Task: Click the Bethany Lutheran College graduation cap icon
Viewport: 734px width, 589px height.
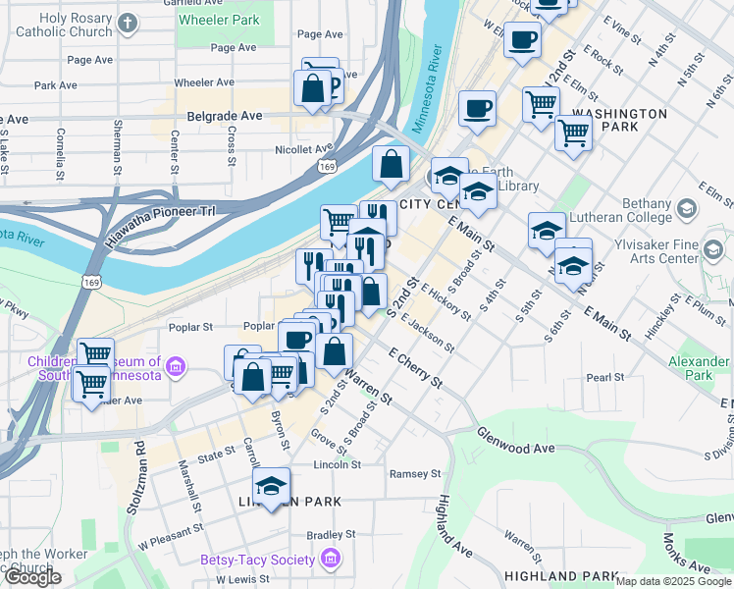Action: [x=685, y=208]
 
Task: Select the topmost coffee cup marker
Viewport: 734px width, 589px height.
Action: [x=522, y=40]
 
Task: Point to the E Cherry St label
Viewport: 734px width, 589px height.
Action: [x=415, y=367]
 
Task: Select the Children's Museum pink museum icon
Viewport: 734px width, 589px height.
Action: [x=176, y=368]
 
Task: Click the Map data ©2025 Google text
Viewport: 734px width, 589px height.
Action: [x=673, y=581]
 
